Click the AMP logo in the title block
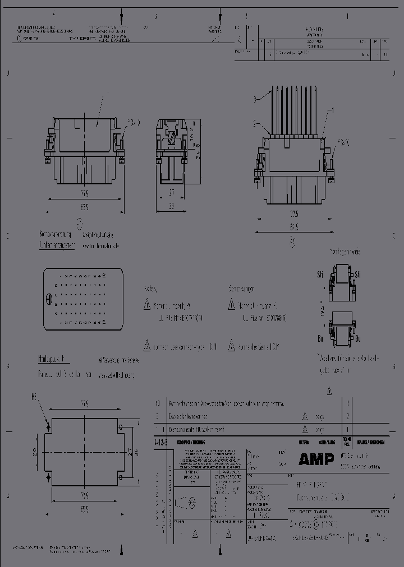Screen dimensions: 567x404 [x=316, y=459]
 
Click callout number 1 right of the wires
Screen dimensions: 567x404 [x=332, y=110]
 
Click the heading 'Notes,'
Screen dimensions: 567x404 [x=150, y=289]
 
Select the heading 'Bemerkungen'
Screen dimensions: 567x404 [x=241, y=289]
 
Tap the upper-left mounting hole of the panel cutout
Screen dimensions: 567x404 [x=48, y=427]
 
